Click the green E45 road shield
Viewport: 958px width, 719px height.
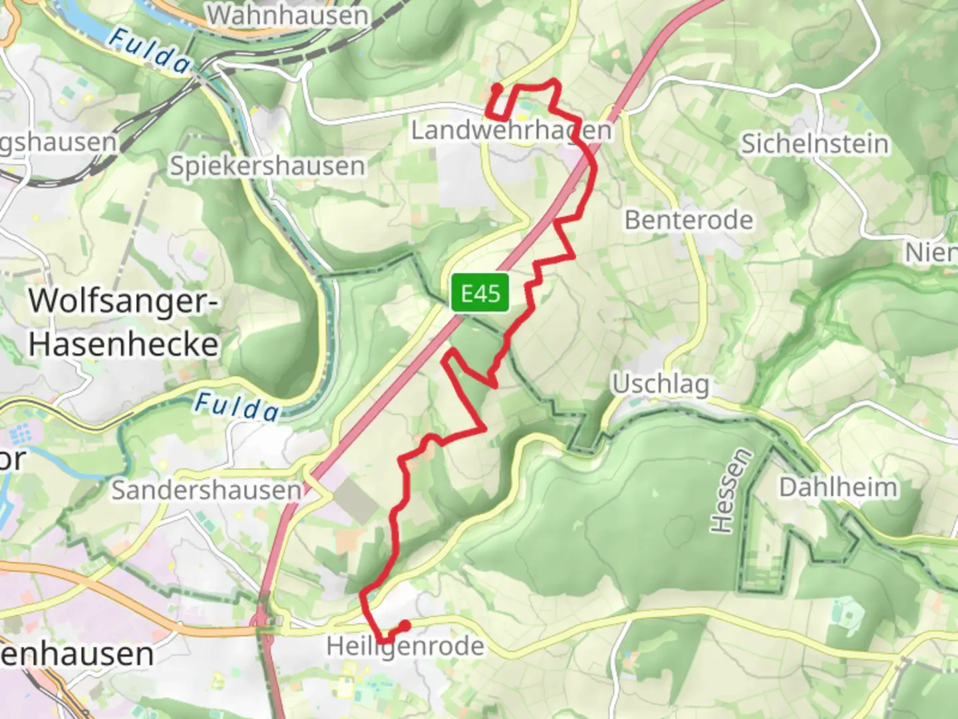click(x=480, y=292)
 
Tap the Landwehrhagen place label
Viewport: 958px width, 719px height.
click(x=511, y=130)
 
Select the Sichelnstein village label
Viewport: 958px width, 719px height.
click(x=814, y=144)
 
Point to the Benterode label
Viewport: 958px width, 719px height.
click(x=689, y=220)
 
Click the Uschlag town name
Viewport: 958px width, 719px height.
click(x=661, y=384)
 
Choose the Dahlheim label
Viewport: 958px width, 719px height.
click(x=838, y=487)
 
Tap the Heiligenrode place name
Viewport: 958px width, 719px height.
click(x=405, y=646)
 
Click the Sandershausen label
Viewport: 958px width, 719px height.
click(x=206, y=490)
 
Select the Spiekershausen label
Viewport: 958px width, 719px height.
click(x=267, y=166)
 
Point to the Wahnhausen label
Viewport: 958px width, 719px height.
click(x=287, y=15)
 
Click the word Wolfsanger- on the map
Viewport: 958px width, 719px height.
click(x=123, y=301)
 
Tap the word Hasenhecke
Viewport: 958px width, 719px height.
click(x=124, y=344)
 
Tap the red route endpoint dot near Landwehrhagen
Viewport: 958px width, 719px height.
click(x=496, y=88)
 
